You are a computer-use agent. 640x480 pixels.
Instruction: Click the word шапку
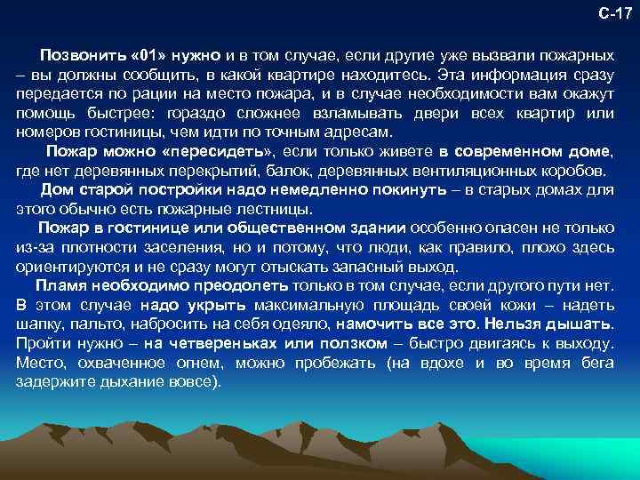tap(39, 324)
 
